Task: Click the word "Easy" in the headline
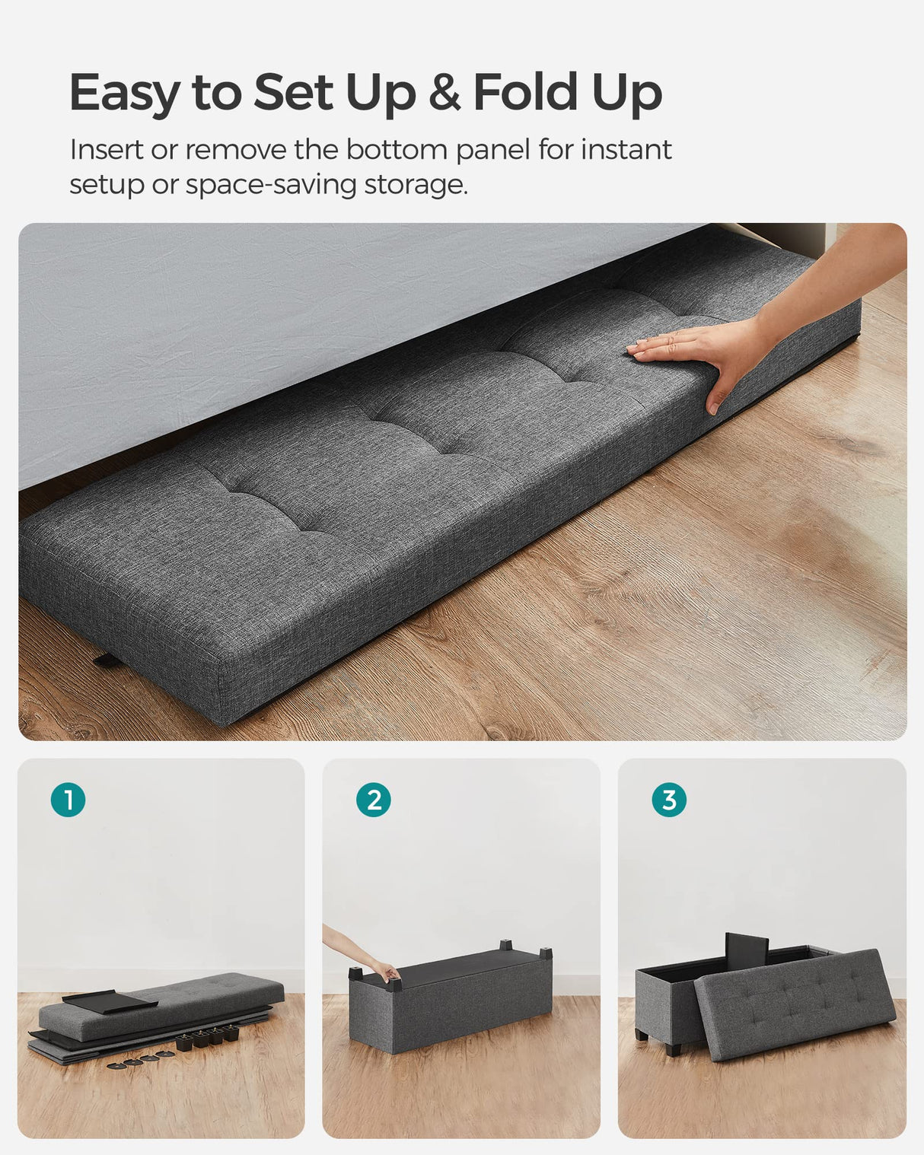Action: point(124,93)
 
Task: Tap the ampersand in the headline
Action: point(444,93)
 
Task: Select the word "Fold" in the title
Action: point(525,93)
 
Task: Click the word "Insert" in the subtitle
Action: point(107,150)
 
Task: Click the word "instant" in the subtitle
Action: point(626,150)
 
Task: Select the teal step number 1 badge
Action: point(69,800)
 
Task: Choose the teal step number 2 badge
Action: point(374,800)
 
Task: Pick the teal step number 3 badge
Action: point(669,800)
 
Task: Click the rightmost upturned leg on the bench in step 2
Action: point(544,953)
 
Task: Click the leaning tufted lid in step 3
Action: point(795,1004)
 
